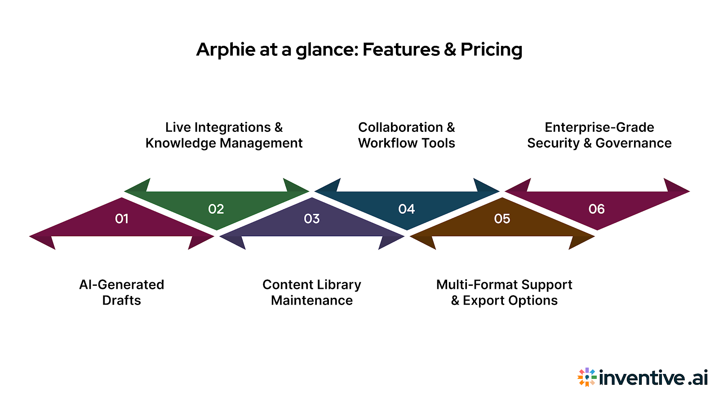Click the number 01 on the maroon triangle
[122, 219]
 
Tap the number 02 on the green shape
[216, 209]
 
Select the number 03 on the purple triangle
[312, 219]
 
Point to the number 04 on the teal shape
[407, 209]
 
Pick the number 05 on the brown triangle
[502, 219]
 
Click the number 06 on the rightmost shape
[597, 209]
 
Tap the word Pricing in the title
[491, 49]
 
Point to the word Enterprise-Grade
[599, 127]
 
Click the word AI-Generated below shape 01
[122, 285]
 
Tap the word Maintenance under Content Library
[312, 301]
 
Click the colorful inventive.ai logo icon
[587, 377]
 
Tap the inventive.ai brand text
[653, 378]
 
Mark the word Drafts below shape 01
[122, 301]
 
